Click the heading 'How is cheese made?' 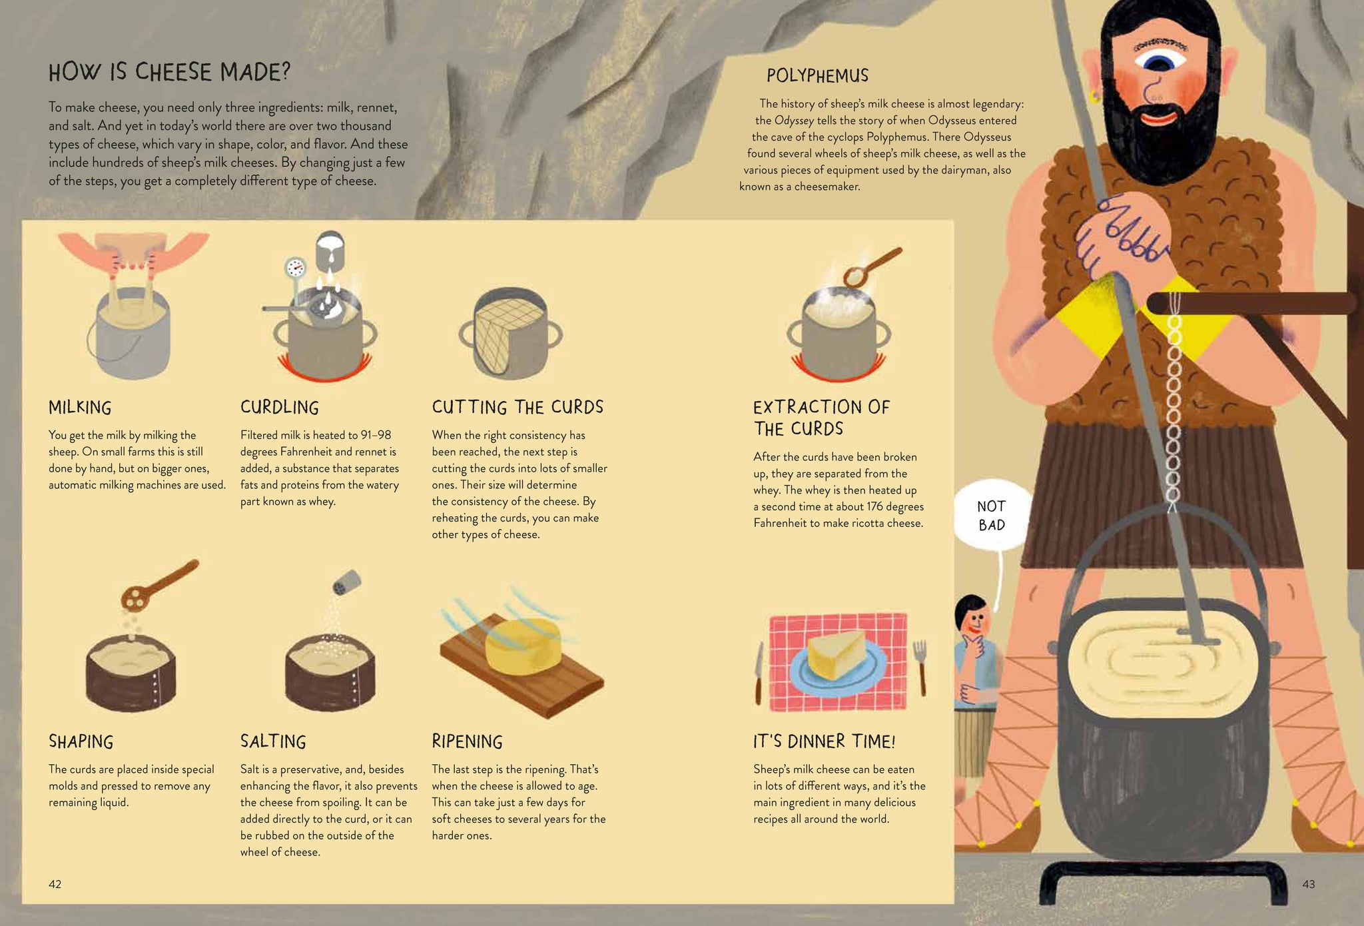pos(170,72)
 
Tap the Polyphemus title pos(817,75)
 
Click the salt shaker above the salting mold pos(347,582)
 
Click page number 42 pos(55,884)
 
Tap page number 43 pos(1308,884)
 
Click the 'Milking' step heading pos(80,408)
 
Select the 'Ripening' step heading pos(467,741)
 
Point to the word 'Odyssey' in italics pos(794,121)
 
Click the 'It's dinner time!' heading pos(824,741)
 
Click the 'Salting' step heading pos(273,741)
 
